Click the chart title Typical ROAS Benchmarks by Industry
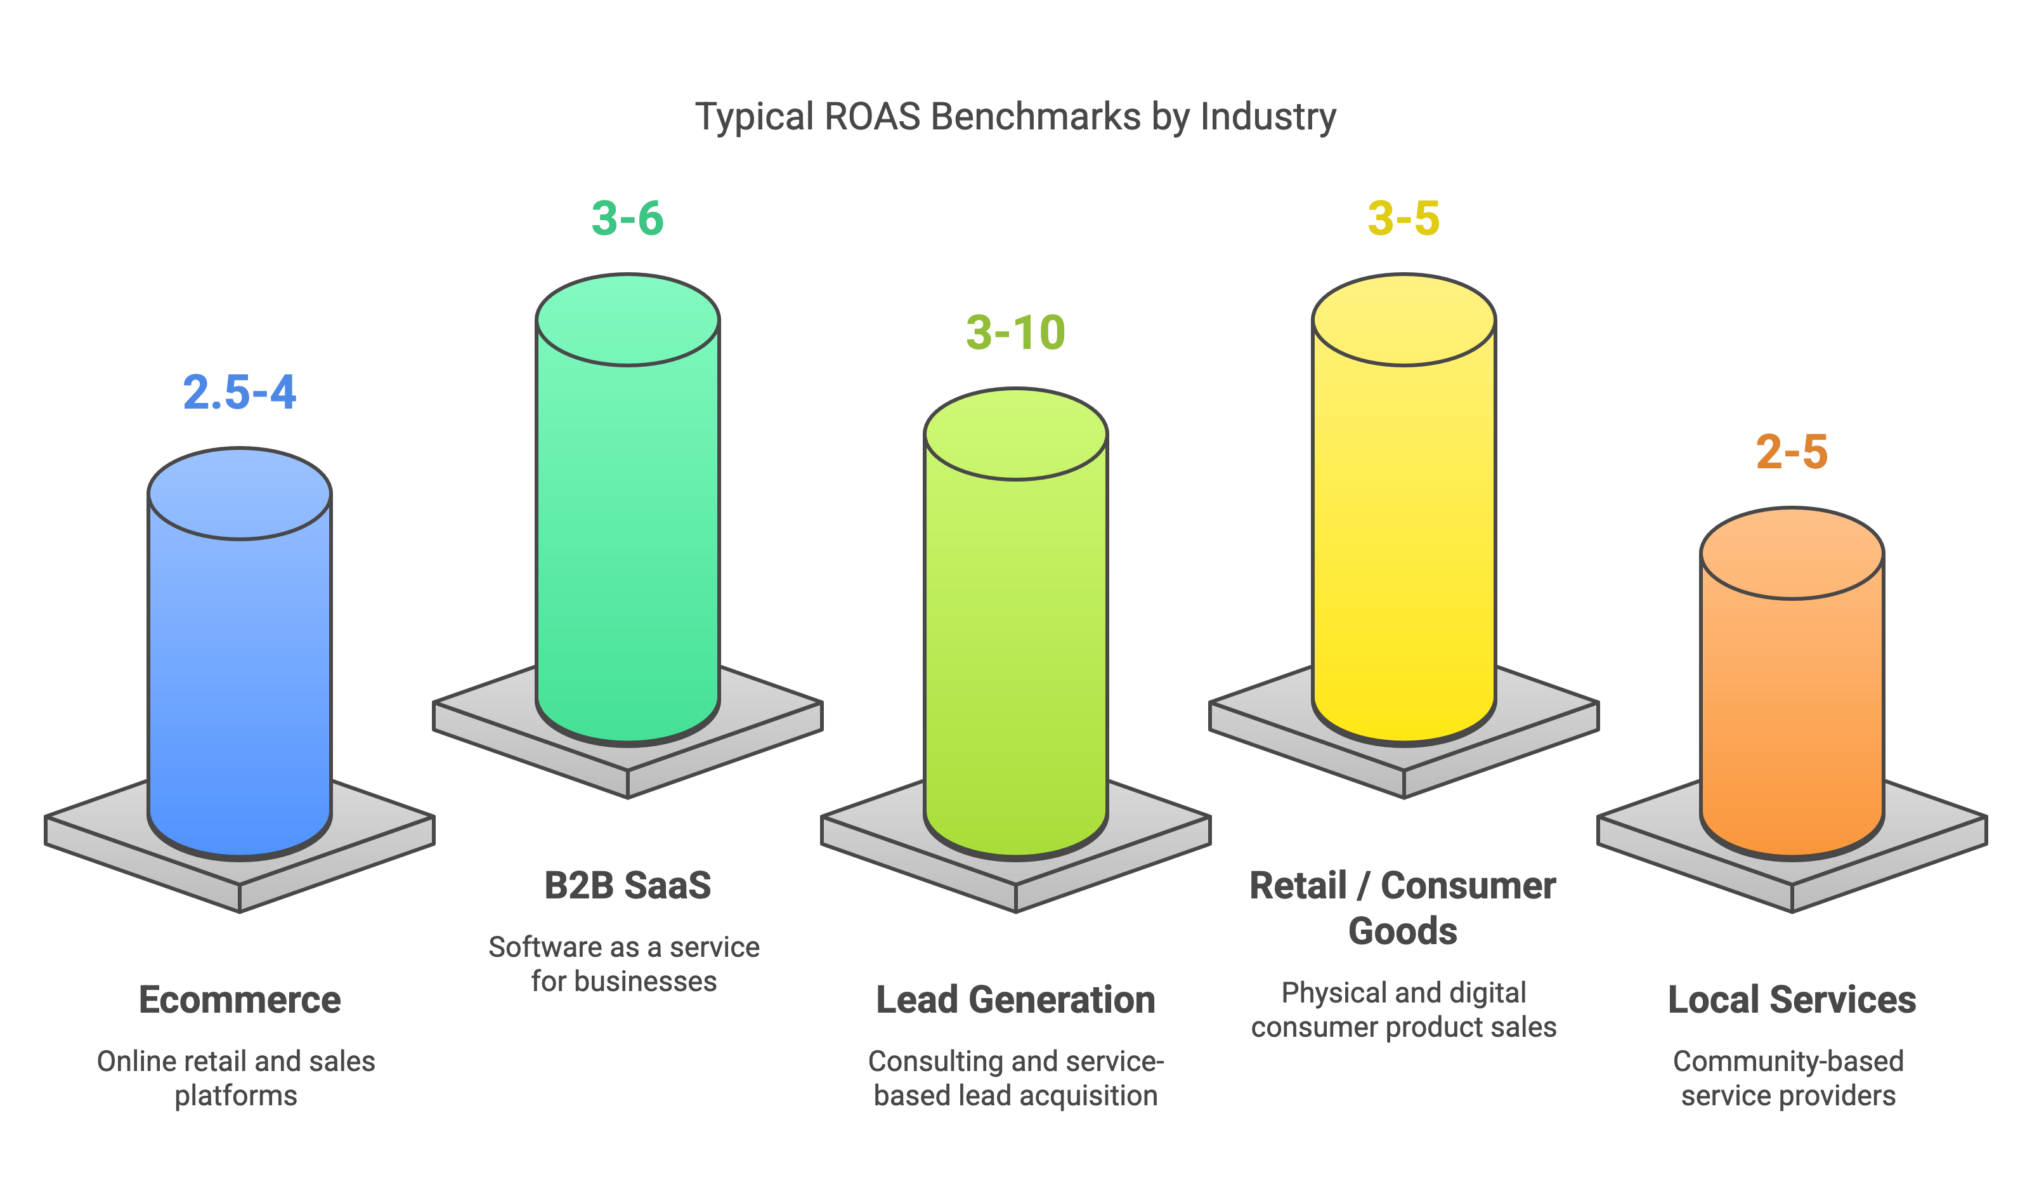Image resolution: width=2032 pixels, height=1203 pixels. click(1016, 117)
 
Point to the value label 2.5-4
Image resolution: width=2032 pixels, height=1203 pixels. click(240, 392)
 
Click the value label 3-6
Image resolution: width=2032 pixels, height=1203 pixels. click(628, 218)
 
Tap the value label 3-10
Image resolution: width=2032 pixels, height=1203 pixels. click(1016, 332)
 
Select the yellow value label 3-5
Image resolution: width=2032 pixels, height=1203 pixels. click(1404, 218)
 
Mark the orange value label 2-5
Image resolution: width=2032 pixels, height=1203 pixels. click(1792, 452)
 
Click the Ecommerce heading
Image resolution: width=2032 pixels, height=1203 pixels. click(240, 999)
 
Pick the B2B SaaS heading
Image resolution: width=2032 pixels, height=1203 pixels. click(628, 885)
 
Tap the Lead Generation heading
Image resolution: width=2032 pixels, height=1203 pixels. click(1016, 999)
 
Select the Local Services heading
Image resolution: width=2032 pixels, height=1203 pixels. click(1792, 999)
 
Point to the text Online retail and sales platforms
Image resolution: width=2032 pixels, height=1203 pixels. click(236, 1078)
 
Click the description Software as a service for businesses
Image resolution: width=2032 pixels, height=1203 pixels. click(624, 964)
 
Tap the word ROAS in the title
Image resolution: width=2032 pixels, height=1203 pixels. click(873, 117)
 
